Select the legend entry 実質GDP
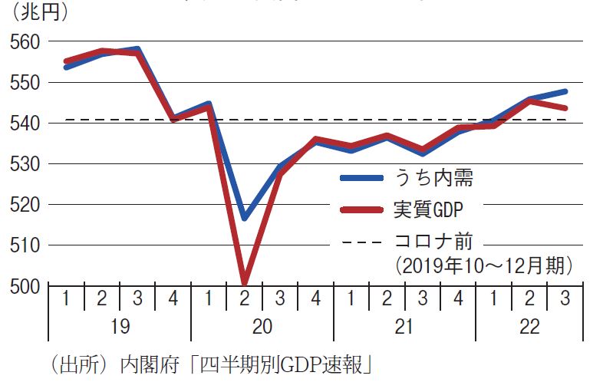click(429, 208)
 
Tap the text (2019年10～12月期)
click(484, 266)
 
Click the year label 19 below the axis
click(120, 327)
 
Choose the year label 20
click(262, 327)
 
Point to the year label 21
click(404, 327)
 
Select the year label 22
click(529, 327)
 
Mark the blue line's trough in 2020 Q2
click(244, 219)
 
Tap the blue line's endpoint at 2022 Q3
click(565, 91)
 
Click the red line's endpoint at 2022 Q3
click(565, 108)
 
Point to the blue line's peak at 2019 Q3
click(137, 49)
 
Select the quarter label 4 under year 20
click(315, 298)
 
